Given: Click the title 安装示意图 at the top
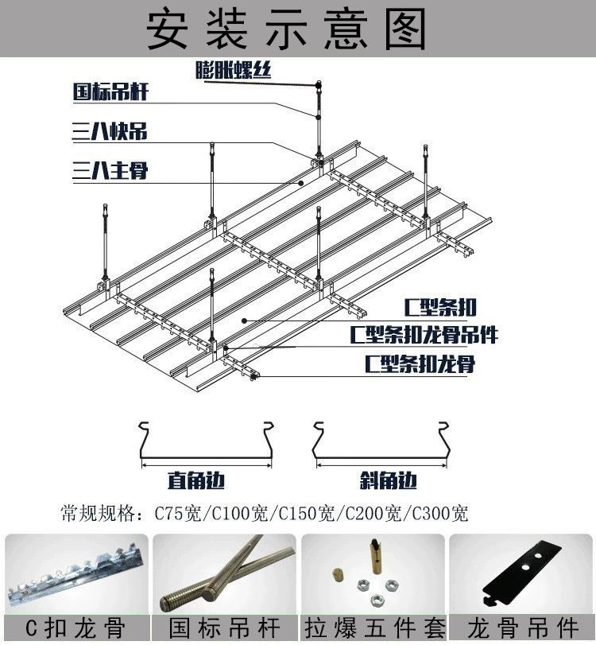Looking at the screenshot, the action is [x=286, y=29].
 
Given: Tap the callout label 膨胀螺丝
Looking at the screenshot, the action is [x=233, y=70].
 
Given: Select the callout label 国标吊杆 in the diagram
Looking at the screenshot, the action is [x=110, y=91].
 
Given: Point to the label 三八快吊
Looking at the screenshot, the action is [x=110, y=132].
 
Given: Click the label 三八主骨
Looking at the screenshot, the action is [x=110, y=170].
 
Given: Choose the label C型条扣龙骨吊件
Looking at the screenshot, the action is [x=424, y=334].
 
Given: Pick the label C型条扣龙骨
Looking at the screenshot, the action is [x=420, y=363].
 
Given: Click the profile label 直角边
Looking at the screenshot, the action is [x=196, y=480].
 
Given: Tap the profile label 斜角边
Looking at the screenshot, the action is [x=388, y=480].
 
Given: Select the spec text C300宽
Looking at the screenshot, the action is [x=439, y=513].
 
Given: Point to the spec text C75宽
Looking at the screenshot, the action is [x=178, y=513].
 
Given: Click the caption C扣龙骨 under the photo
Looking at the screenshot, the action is [x=75, y=628].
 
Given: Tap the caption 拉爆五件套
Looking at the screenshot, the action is [x=375, y=628].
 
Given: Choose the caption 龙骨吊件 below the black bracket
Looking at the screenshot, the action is [x=523, y=628].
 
